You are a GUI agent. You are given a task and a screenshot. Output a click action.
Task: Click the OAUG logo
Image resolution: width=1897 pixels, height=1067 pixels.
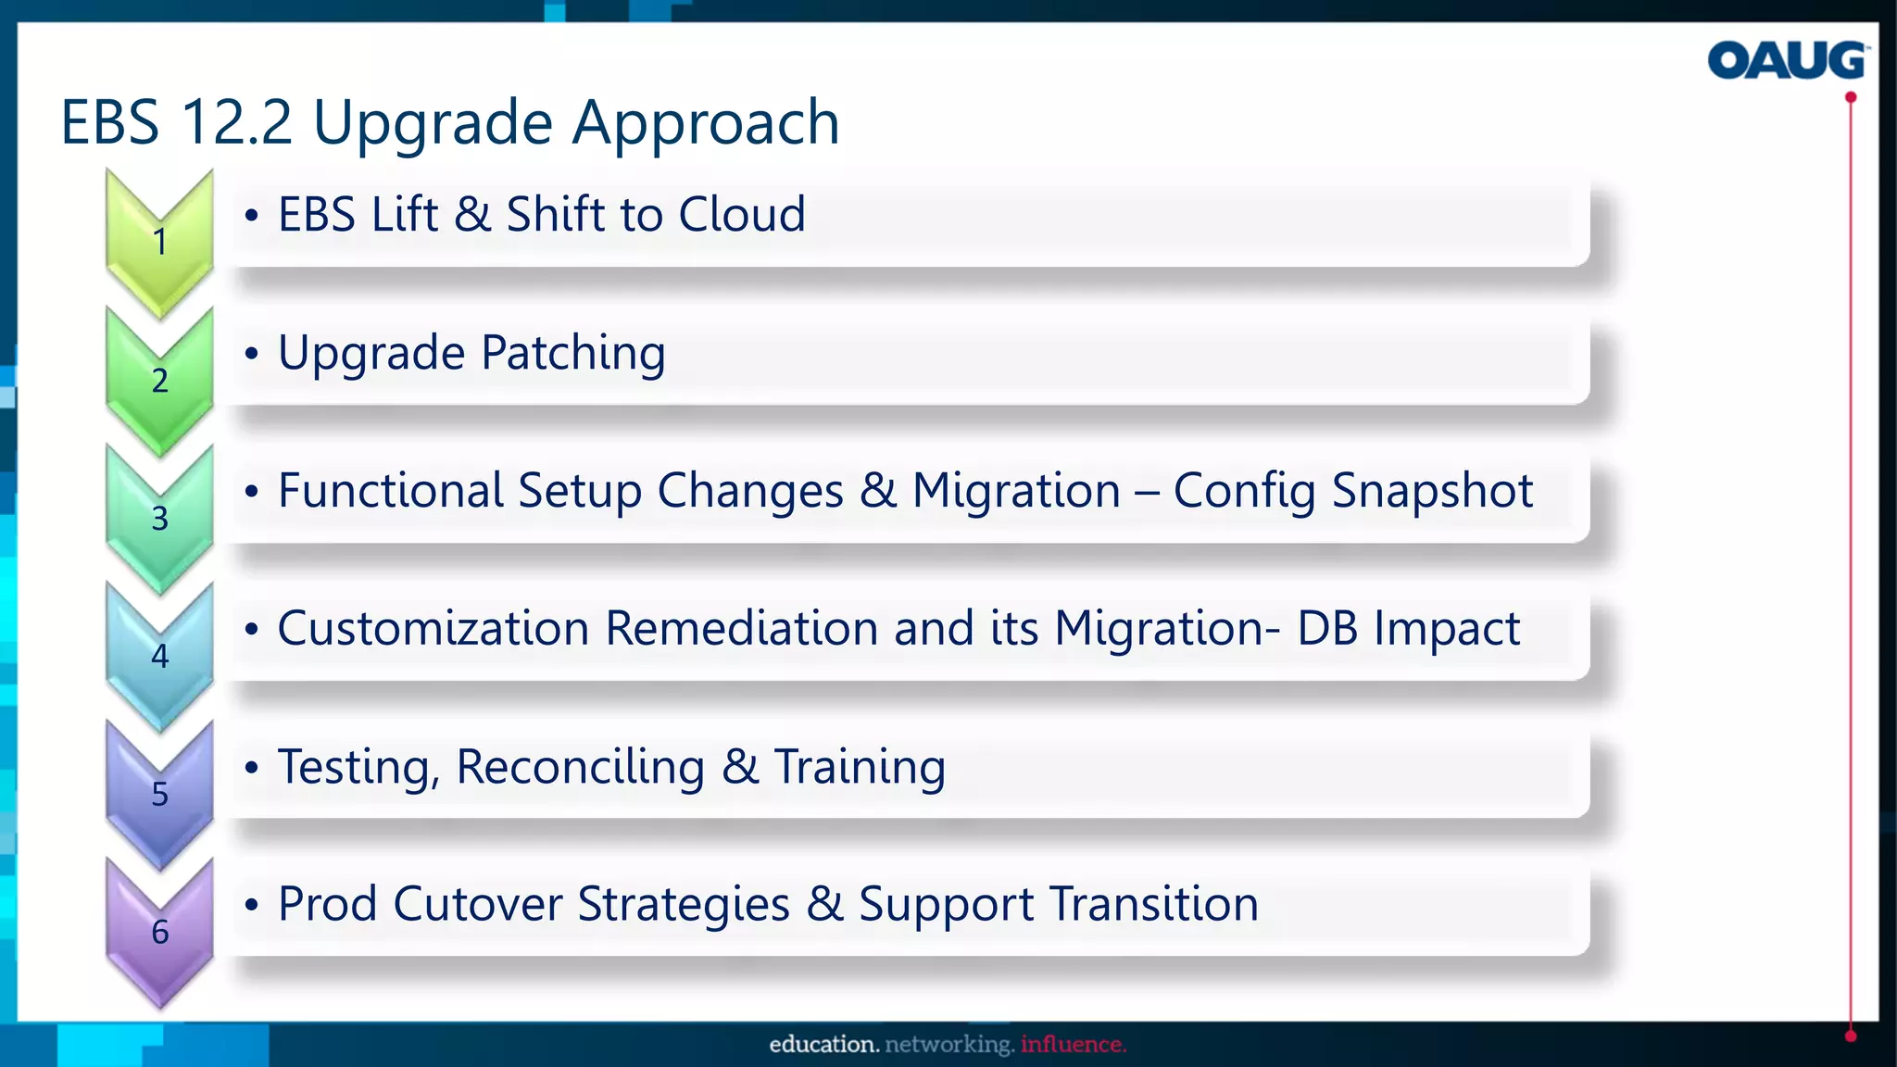pyautogui.click(x=1786, y=60)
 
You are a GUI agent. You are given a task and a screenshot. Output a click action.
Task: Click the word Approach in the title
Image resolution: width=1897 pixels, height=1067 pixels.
pyautogui.click(x=705, y=122)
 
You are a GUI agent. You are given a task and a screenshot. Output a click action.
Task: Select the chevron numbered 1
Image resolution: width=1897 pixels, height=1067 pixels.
pyautogui.click(x=159, y=243)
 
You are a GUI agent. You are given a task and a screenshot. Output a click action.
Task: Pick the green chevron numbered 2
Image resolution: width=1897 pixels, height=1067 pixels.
pyautogui.click(x=159, y=381)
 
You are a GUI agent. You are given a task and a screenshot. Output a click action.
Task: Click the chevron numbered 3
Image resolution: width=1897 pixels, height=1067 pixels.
pyautogui.click(x=159, y=519)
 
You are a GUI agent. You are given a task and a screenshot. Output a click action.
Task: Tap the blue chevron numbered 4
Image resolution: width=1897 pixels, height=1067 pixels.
pyautogui.click(x=159, y=657)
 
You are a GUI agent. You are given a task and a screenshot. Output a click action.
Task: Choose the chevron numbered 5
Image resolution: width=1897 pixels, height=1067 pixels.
pyautogui.click(x=159, y=795)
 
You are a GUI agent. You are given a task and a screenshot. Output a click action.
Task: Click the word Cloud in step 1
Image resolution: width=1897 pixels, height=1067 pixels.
pyautogui.click(x=741, y=215)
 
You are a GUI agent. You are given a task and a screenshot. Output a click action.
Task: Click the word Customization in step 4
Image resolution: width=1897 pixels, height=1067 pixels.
pyautogui.click(x=433, y=629)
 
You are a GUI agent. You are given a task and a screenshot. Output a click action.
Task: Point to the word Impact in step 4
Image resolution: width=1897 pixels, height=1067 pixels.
pyautogui.click(x=1446, y=629)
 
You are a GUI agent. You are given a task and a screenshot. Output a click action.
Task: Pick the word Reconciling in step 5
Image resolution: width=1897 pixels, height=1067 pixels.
pyautogui.click(x=580, y=768)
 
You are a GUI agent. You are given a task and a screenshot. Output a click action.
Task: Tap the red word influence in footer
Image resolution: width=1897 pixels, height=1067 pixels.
pyautogui.click(x=1073, y=1045)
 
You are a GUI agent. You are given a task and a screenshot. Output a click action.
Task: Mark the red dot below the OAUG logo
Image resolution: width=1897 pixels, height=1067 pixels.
pyautogui.click(x=1850, y=97)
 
